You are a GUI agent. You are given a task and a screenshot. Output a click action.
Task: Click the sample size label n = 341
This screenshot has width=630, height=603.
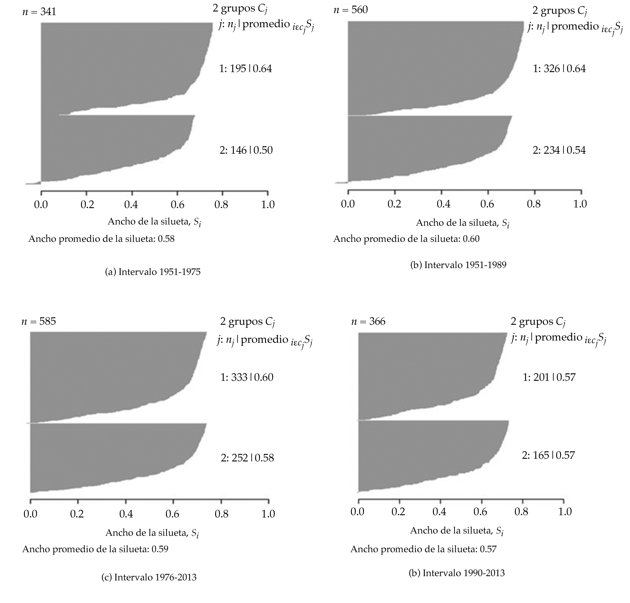39,12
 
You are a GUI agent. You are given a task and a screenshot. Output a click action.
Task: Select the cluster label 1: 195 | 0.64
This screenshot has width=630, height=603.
246,69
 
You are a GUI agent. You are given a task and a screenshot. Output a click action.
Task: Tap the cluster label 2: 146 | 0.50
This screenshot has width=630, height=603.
246,150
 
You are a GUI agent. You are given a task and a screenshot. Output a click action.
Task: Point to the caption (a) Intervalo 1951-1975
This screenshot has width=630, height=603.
152,272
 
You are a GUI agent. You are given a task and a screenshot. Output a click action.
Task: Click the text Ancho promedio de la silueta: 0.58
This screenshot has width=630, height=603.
101,239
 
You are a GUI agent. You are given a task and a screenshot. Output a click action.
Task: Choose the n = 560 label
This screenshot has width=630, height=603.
351,10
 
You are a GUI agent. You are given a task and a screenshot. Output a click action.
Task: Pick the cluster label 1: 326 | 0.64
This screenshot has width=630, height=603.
559,69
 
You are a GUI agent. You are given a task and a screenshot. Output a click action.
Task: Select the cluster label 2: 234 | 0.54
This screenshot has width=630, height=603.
559,150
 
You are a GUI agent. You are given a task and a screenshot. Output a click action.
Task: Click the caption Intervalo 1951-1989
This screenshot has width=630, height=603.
458,265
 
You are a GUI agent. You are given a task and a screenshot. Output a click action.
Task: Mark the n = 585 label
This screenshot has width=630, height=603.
39,321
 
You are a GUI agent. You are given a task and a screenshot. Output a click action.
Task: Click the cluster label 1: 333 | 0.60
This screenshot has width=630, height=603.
247,377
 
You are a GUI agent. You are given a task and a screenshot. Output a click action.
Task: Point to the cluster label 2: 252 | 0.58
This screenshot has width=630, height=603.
247,458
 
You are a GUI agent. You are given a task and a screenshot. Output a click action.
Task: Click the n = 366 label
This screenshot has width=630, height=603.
368,321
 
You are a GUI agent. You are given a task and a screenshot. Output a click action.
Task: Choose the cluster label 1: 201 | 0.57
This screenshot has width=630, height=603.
549,377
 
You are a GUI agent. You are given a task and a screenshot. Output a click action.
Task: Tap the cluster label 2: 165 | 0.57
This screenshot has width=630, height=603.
548,455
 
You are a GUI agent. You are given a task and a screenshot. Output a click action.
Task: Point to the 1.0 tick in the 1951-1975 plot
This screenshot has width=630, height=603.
268,204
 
